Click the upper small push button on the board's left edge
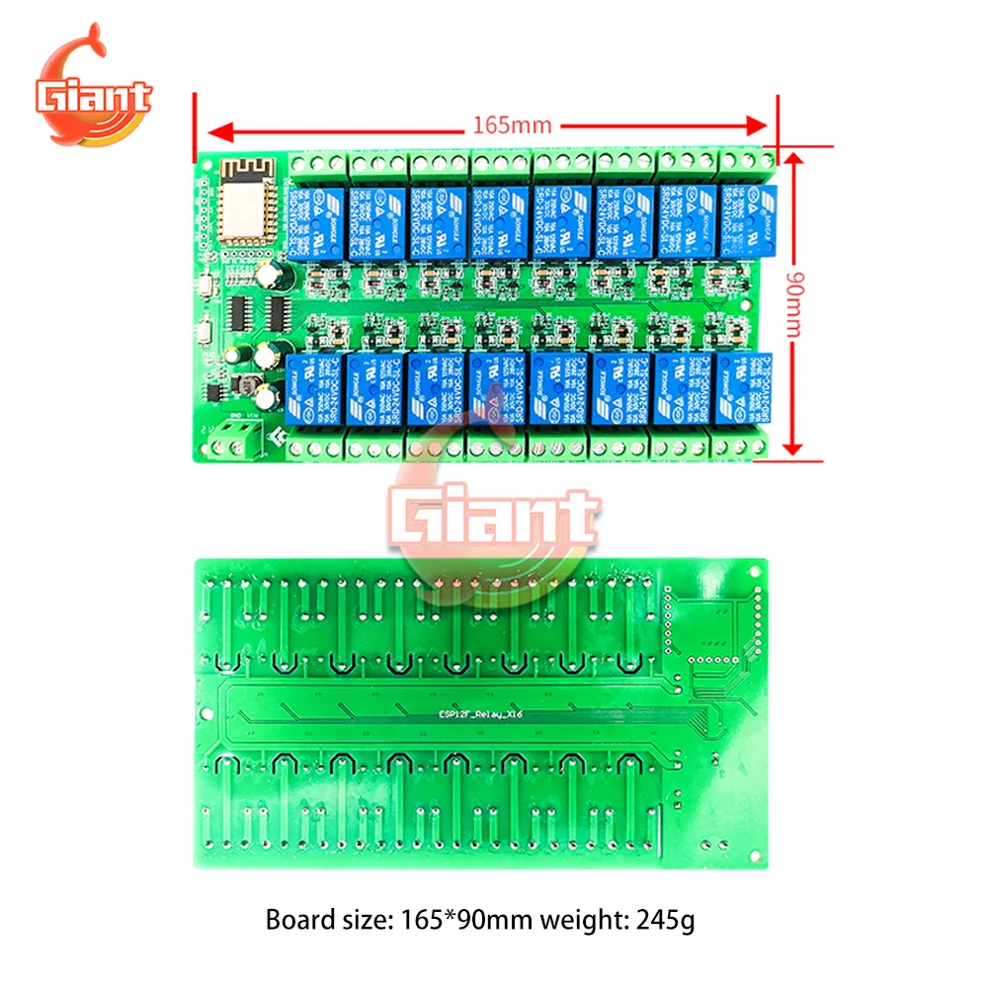point(205,287)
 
